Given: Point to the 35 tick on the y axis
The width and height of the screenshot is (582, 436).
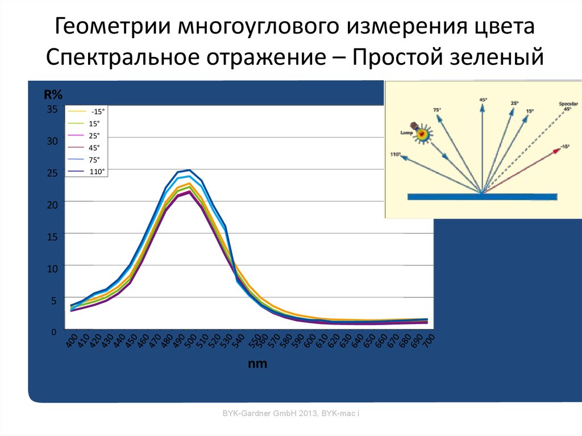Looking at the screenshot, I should (52, 109).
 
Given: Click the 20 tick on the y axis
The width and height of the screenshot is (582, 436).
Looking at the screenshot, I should (52, 205).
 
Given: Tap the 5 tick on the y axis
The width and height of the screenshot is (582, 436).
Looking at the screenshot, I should (55, 301).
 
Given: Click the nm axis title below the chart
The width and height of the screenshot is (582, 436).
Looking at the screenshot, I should (257, 364).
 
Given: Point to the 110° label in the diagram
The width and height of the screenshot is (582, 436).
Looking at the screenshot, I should (396, 154).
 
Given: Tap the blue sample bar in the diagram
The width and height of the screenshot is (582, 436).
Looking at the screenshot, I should (482, 197).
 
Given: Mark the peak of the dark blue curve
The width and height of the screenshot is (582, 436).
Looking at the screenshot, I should (189, 170).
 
